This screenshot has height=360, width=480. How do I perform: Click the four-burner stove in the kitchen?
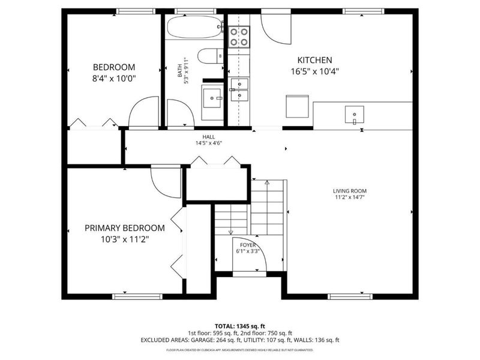pyautogui.click(x=239, y=37)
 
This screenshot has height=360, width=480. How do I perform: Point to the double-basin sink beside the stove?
pyautogui.click(x=239, y=89)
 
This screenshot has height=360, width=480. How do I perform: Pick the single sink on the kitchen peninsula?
pyautogui.click(x=355, y=112)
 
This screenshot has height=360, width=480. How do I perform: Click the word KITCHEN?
pyautogui.click(x=315, y=60)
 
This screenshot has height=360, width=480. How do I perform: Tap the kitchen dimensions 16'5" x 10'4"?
pyautogui.click(x=315, y=71)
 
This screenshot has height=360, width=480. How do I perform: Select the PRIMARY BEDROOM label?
pyautogui.click(x=124, y=228)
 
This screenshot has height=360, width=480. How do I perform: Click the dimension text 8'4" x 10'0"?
pyautogui.click(x=113, y=78)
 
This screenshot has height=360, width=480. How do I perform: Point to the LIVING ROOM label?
pyautogui.click(x=350, y=191)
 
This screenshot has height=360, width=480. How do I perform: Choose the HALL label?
pyautogui.click(x=208, y=137)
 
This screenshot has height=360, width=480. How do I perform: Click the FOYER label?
pyautogui.click(x=248, y=245)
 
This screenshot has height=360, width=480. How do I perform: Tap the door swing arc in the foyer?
pyautogui.click(x=248, y=258)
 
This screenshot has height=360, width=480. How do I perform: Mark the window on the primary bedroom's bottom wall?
pyautogui.click(x=137, y=296)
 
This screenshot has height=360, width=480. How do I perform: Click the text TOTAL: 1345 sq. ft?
pyautogui.click(x=239, y=326)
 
